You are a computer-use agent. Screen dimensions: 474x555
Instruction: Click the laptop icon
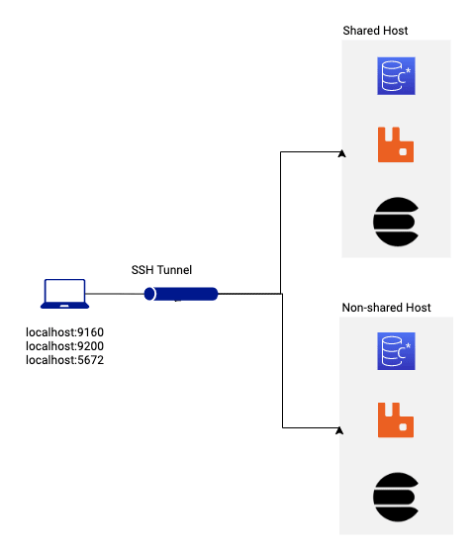click(64, 294)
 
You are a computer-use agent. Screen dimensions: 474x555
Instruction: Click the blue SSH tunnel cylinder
click(181, 294)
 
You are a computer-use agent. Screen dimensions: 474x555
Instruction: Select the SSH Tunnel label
click(161, 270)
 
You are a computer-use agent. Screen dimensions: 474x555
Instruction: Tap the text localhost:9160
click(64, 332)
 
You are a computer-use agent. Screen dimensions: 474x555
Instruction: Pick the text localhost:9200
click(64, 346)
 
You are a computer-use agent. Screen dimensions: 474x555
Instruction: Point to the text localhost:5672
click(64, 360)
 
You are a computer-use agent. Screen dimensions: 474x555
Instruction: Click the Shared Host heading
click(375, 31)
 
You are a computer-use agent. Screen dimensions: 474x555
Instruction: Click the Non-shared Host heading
click(386, 308)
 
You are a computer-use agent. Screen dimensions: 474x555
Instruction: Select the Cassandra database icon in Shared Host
click(396, 76)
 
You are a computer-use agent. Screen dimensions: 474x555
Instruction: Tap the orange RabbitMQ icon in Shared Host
click(396, 144)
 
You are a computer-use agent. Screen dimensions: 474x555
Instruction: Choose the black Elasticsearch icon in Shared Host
click(396, 222)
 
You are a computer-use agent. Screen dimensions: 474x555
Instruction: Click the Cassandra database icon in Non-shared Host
click(396, 351)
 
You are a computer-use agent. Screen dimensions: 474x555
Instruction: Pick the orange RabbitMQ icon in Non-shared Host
click(396, 419)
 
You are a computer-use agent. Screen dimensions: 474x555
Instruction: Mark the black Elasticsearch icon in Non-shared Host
click(396, 497)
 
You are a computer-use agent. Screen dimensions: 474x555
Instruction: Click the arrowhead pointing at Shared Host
click(342, 153)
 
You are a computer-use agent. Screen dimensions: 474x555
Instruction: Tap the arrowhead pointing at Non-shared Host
click(339, 430)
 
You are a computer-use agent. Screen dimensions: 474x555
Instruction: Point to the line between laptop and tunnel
click(115, 294)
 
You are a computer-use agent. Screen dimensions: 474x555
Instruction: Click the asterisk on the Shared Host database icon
click(408, 71)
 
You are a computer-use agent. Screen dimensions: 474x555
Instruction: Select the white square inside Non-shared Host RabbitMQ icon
click(403, 427)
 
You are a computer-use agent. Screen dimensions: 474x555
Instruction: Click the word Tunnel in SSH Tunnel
click(174, 270)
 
